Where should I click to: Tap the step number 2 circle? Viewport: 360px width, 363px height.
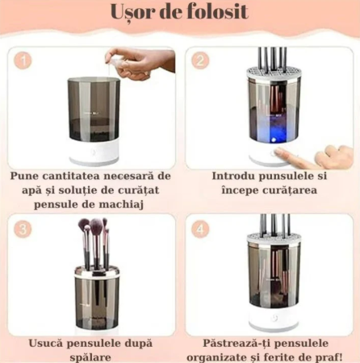(201, 60)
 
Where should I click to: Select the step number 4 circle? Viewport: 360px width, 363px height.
(201, 228)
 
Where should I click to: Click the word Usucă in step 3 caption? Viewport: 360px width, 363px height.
(47, 342)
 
